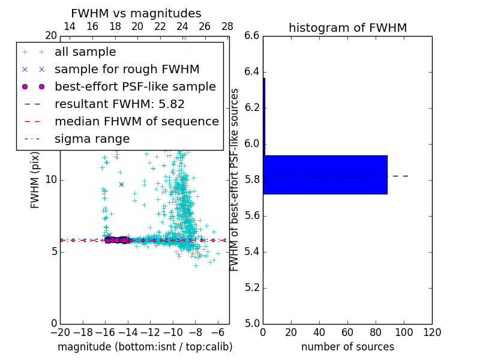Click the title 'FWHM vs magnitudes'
click(x=136, y=13)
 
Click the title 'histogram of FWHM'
click(x=347, y=28)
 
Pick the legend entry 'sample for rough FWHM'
click(x=127, y=70)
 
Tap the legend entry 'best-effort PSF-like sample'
click(x=135, y=87)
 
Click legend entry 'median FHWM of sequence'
click(x=136, y=122)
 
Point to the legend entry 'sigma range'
click(x=92, y=139)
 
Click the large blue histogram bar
click(x=325, y=175)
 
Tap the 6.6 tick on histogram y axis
click(x=251, y=36)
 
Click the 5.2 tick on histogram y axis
click(x=251, y=287)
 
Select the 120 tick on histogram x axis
click(x=432, y=332)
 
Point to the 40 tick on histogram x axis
click(x=319, y=332)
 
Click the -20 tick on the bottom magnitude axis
click(x=60, y=332)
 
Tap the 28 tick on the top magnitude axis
click(x=227, y=27)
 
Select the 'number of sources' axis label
click(x=347, y=347)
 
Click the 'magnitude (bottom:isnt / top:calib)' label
click(x=145, y=347)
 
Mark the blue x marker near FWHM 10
click(x=121, y=184)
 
